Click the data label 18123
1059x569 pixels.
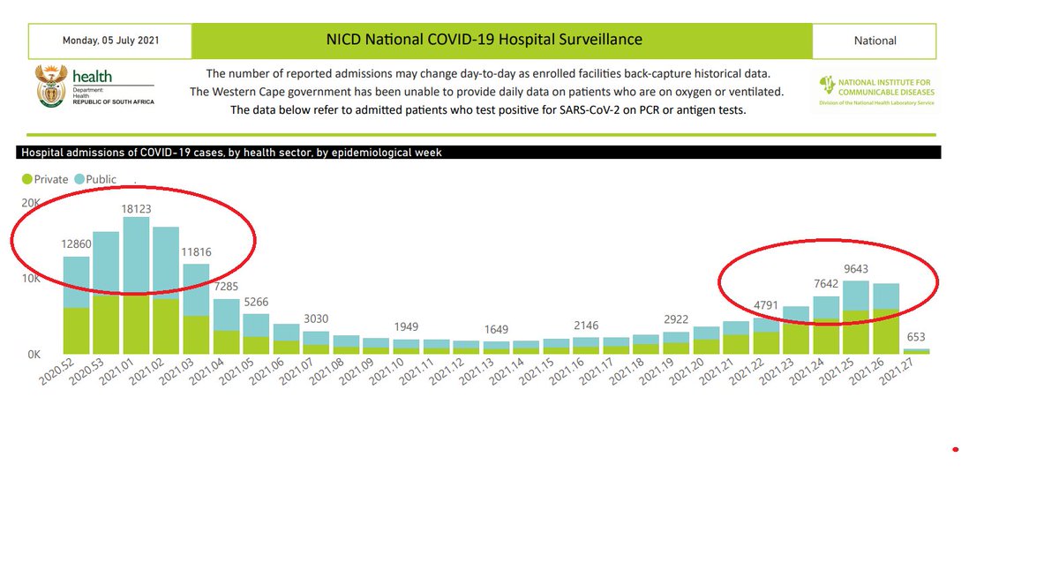click(x=137, y=210)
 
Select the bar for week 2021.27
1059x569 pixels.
click(x=917, y=351)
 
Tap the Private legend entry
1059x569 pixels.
click(x=44, y=179)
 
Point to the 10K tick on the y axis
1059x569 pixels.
click(x=31, y=279)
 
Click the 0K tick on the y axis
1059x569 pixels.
click(x=33, y=355)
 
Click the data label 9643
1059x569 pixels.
click(x=857, y=269)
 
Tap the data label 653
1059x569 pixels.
click(x=917, y=337)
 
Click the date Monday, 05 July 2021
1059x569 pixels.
click(x=110, y=41)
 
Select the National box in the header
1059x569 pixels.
click(x=875, y=41)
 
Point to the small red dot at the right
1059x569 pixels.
click(x=956, y=450)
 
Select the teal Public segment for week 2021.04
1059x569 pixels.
click(x=227, y=314)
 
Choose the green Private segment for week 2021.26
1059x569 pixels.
click(x=887, y=332)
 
